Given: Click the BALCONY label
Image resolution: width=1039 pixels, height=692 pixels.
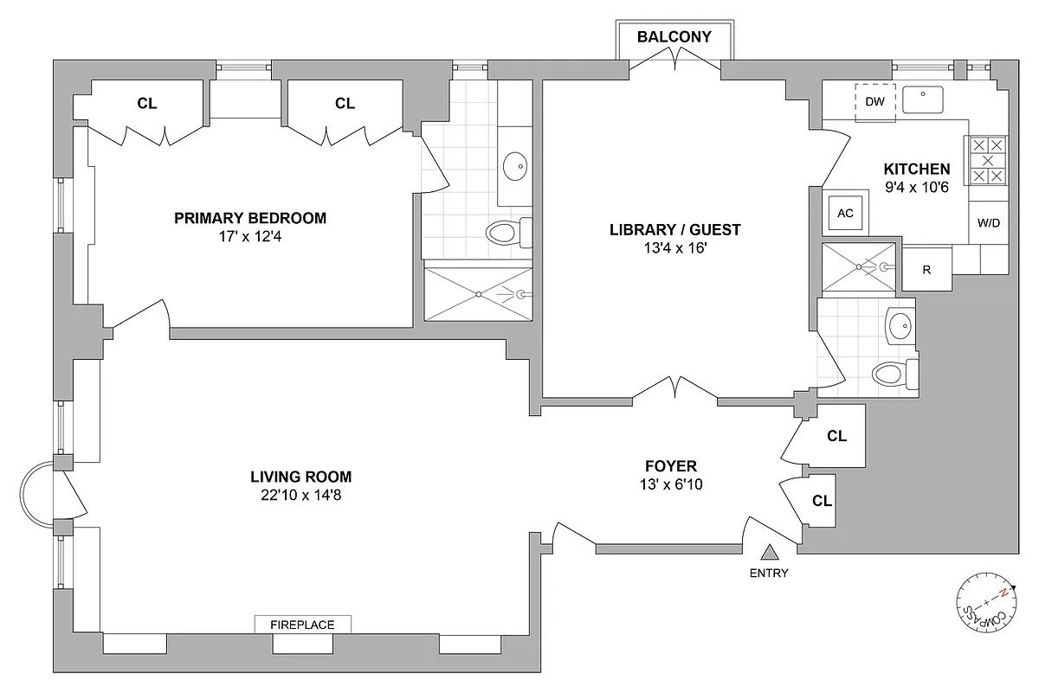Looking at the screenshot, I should click(x=674, y=36).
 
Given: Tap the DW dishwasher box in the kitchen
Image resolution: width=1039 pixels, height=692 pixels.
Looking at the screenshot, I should click(x=875, y=101).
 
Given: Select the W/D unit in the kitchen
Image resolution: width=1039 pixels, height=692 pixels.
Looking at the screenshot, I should click(x=988, y=222).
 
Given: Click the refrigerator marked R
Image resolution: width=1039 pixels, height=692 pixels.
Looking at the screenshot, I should click(x=926, y=269).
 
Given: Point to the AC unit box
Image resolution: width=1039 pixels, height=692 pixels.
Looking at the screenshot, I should click(x=846, y=213).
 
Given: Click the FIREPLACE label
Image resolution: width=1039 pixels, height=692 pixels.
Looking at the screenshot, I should click(x=303, y=624).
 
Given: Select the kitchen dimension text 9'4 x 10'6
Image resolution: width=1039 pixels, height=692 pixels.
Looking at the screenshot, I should click(x=917, y=186).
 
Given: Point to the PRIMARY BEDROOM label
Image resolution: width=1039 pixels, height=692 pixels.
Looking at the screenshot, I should click(x=250, y=218).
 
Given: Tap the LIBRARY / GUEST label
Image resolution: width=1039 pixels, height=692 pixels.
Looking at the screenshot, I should click(x=675, y=230).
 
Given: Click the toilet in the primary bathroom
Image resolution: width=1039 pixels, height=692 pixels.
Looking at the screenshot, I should click(x=507, y=232).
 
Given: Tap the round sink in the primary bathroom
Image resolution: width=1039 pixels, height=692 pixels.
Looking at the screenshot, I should click(x=516, y=164).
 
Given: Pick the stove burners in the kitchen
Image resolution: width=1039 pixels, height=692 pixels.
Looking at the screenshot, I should click(x=988, y=161).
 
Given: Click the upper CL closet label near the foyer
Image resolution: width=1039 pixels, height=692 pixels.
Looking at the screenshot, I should click(x=836, y=436).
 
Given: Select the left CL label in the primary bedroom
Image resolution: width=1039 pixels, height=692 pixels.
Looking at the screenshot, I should click(x=147, y=104).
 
